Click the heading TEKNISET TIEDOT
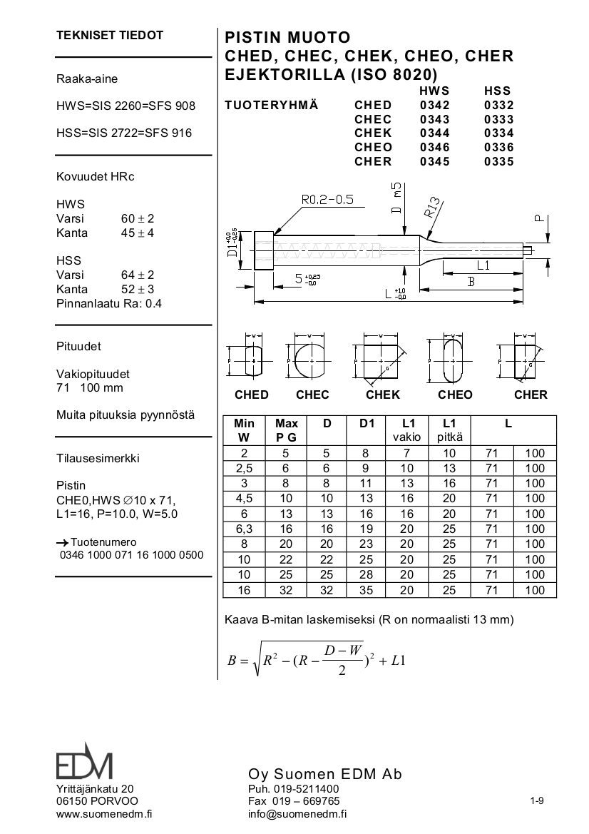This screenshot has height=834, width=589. [110, 35]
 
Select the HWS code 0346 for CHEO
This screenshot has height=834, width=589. [434, 147]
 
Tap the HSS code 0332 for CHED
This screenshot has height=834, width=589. [498, 106]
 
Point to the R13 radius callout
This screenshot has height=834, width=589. [434, 206]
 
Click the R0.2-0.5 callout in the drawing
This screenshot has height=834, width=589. [327, 200]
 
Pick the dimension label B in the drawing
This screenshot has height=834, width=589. [471, 282]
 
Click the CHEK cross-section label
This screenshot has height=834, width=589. [383, 395]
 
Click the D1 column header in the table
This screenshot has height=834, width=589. [367, 423]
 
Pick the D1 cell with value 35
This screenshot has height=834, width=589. [367, 590]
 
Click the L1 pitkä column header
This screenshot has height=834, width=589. [449, 430]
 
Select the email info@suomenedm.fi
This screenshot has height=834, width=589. [297, 813]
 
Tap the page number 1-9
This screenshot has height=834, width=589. [537, 800]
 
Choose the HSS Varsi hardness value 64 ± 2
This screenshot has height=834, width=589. [138, 275]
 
